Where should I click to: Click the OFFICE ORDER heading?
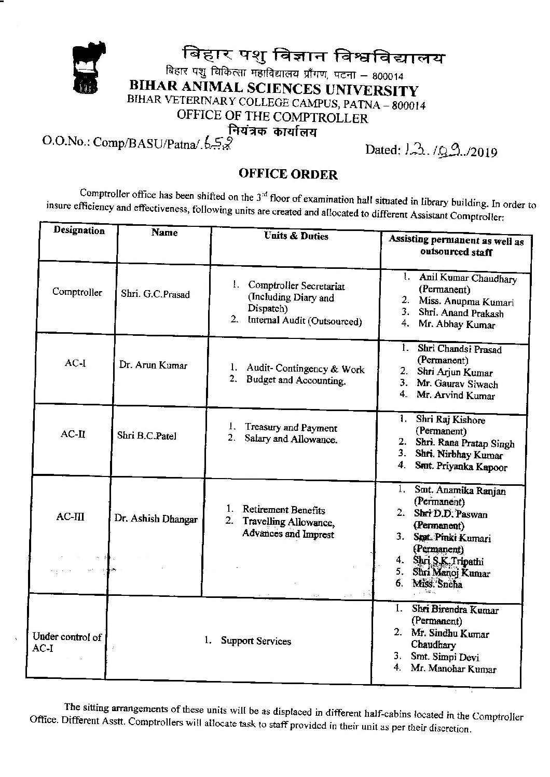(x=287, y=174)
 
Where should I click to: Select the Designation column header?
(x=79, y=230)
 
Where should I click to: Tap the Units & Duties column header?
(x=296, y=236)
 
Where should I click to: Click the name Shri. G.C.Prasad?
(x=155, y=294)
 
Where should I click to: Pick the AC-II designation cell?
(x=73, y=434)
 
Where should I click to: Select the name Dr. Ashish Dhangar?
(x=156, y=519)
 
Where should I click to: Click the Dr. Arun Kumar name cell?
(x=153, y=365)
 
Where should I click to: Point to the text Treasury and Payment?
(x=291, y=428)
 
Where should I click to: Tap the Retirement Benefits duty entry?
(x=283, y=510)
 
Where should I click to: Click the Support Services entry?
(x=256, y=640)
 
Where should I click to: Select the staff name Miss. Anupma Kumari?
(x=466, y=302)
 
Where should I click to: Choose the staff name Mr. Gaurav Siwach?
(x=457, y=384)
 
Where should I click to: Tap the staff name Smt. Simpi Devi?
(x=445, y=657)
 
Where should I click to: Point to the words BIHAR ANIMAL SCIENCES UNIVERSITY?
(x=273, y=89)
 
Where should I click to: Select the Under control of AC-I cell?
(x=66, y=642)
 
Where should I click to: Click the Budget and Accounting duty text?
(x=296, y=380)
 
